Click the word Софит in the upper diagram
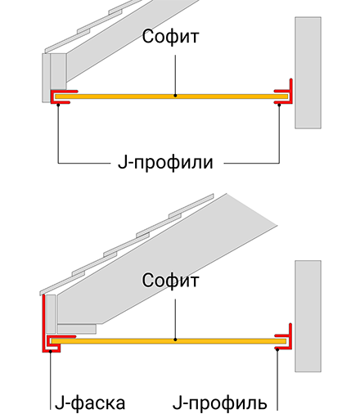170,37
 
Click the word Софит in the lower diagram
170,280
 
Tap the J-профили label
165,163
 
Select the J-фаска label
90,403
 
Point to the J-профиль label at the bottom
220,403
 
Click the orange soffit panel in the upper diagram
171,97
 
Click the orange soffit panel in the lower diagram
169,341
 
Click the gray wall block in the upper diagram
308,73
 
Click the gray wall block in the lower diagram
308,316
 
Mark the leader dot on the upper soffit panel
175,96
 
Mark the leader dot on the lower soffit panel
175,340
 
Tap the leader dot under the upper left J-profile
58,105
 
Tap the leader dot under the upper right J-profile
279,105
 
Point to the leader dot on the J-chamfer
51,351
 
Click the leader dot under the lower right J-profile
277,349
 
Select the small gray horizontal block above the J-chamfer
77,329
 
